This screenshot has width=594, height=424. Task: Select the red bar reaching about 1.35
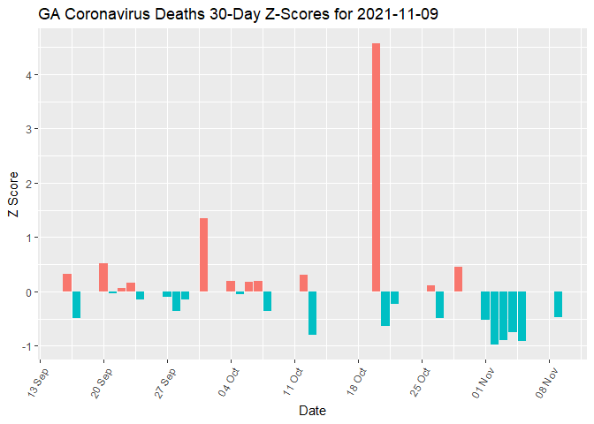point(203,254)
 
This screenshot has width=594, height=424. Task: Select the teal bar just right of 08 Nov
point(558,304)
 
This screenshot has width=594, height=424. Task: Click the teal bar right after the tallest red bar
point(385,308)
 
